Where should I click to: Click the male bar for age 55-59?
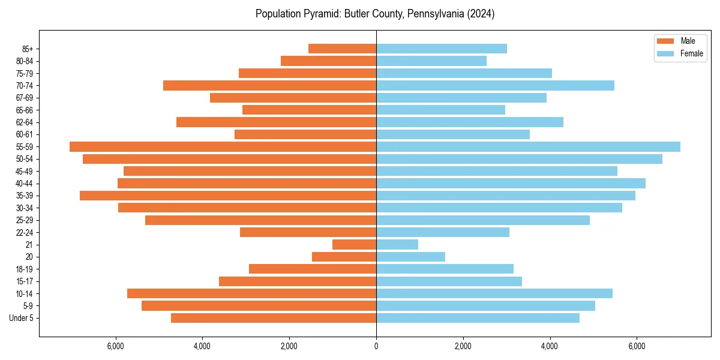pos(223,147)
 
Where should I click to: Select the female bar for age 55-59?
pos(528,147)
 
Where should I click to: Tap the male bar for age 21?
pos(354,245)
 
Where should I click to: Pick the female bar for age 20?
pos(410,257)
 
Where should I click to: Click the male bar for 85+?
pos(342,49)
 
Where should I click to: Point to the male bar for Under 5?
pos(274,318)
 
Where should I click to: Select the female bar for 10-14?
pos(494,293)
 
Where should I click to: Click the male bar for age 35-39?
pos(228,196)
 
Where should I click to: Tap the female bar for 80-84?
pos(431,61)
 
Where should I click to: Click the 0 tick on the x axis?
pos(376,346)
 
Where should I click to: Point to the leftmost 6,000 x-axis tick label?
pos(115,346)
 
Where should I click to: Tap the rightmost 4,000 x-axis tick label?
pos(550,346)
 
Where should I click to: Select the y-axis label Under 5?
pos(21,318)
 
